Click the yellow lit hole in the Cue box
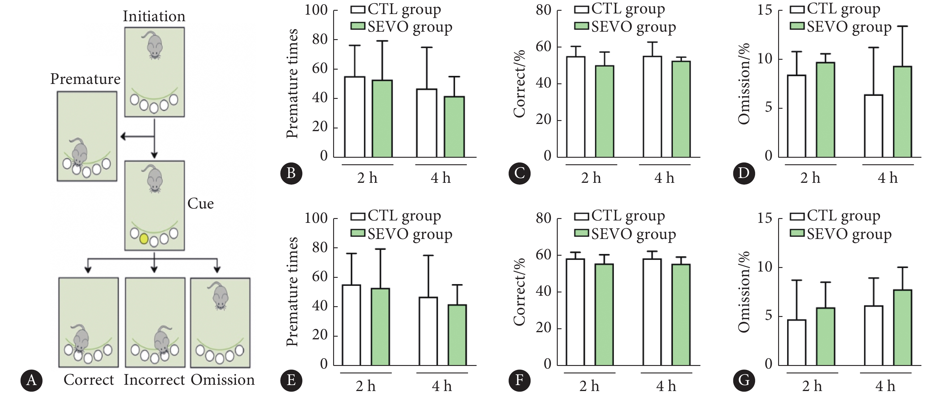144,239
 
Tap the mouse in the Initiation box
154,45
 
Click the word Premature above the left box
85,79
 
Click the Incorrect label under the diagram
154,380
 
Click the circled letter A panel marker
31,380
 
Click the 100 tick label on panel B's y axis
316,10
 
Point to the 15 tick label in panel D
765,10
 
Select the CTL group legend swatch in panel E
358,217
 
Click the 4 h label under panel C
664,178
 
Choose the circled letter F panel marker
519,380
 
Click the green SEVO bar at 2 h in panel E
380,327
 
